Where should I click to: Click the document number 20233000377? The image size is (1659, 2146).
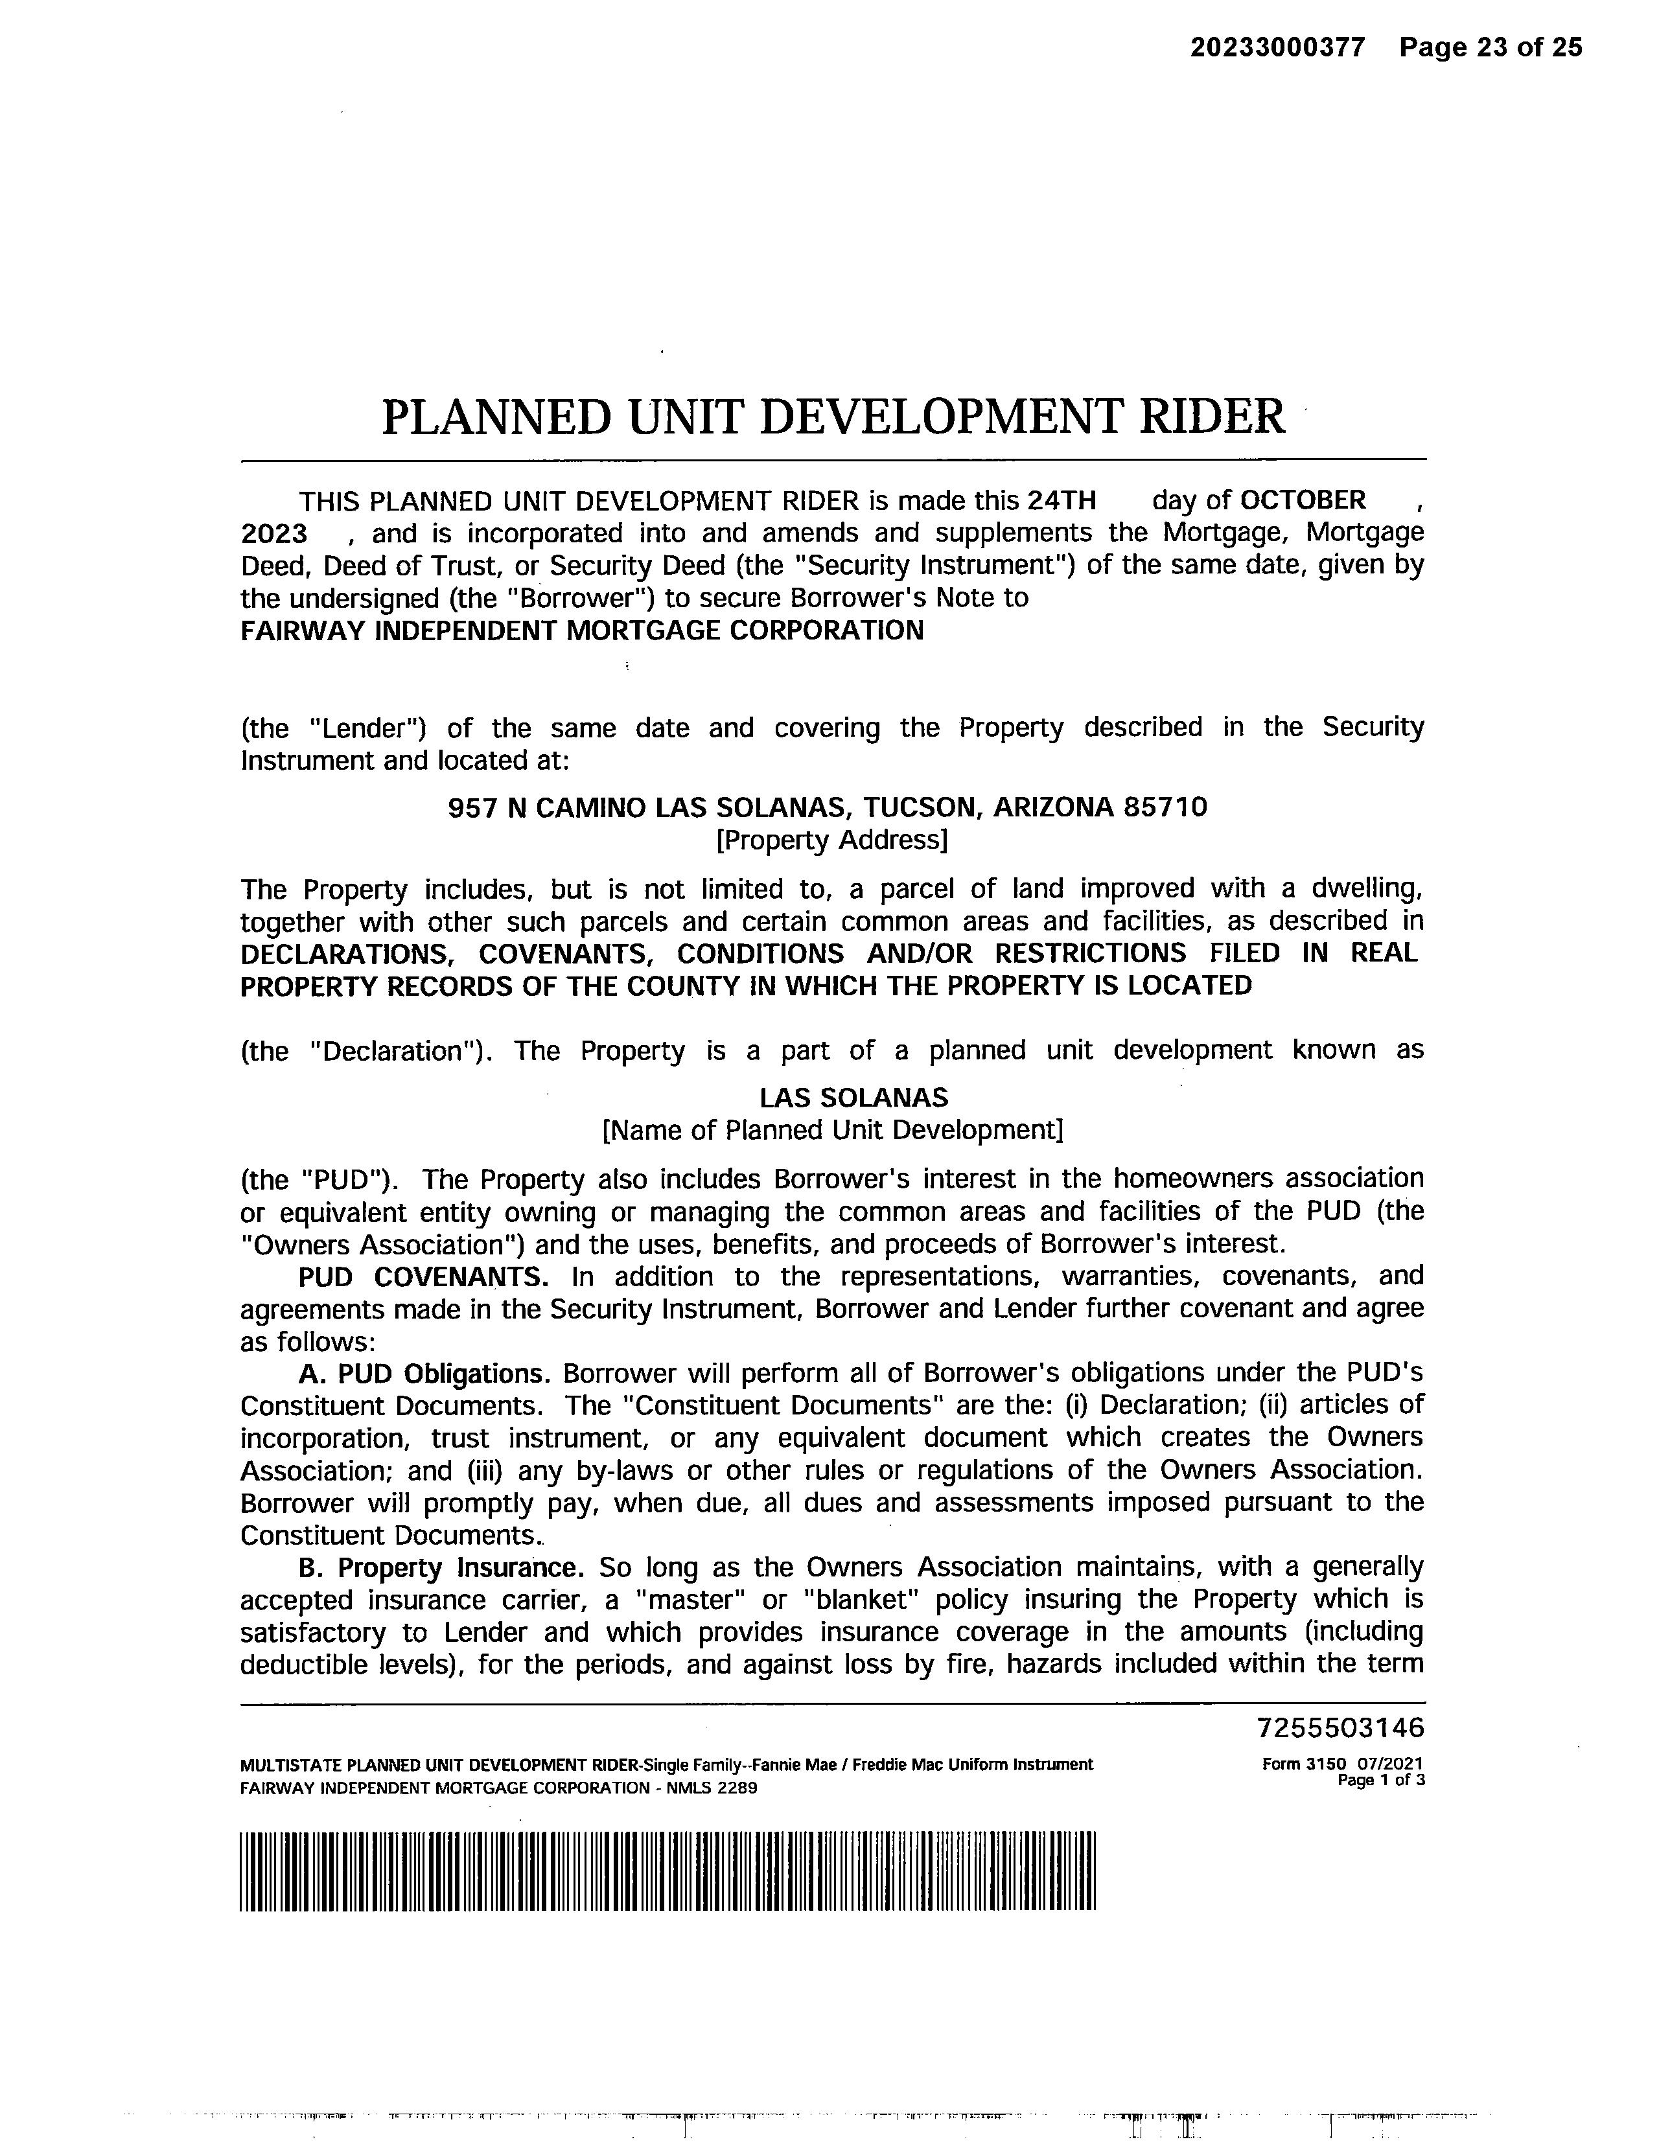1278,47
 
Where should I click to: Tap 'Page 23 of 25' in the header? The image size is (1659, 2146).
1491,47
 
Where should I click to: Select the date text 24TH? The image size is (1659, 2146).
1062,501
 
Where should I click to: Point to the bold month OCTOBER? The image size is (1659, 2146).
1302,501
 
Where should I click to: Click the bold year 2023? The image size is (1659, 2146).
274,533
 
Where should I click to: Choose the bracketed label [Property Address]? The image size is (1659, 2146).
833,840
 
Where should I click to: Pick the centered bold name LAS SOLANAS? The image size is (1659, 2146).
833,1098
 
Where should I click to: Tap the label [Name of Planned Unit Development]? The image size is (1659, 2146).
833,1130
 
